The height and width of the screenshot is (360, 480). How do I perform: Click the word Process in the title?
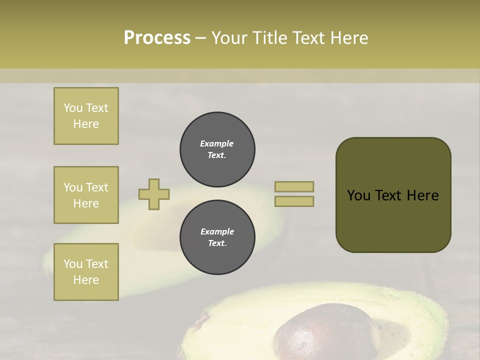pyautogui.click(x=157, y=37)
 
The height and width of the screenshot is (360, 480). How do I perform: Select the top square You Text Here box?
pyautogui.click(x=86, y=116)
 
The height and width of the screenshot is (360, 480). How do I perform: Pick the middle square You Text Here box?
pyautogui.click(x=86, y=195)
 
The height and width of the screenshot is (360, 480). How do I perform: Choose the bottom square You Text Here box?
pyautogui.click(x=86, y=272)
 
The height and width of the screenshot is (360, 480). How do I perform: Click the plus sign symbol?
pyautogui.click(x=154, y=194)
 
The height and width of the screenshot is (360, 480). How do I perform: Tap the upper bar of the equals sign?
pyautogui.click(x=294, y=186)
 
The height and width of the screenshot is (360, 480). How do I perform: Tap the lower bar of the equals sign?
pyautogui.click(x=294, y=201)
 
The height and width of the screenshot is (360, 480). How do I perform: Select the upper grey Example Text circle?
pyautogui.click(x=217, y=149)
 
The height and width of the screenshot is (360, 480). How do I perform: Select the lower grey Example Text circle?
pyautogui.click(x=217, y=237)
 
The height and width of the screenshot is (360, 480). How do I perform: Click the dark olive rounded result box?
pyautogui.click(x=393, y=195)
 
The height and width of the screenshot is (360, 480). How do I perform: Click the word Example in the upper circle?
pyautogui.click(x=217, y=143)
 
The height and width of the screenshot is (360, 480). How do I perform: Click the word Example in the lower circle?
pyautogui.click(x=217, y=231)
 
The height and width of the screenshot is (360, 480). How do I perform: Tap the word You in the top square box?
pyautogui.click(x=73, y=108)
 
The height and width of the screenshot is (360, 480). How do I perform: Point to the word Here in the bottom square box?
pyautogui.click(x=86, y=280)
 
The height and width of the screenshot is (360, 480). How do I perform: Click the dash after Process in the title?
pyautogui.click(x=200, y=38)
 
